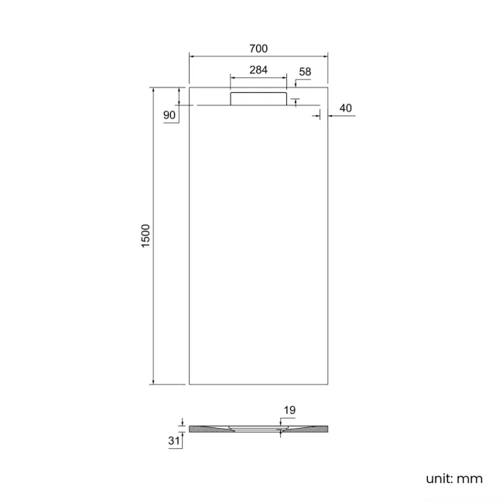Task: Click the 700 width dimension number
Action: point(258,48)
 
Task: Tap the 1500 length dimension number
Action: point(145,236)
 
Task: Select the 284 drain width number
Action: point(258,70)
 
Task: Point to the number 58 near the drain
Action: point(304,72)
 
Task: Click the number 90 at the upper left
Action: point(170,115)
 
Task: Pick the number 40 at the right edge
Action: point(345,108)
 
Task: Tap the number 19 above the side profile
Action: point(289,410)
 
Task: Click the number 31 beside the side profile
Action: point(175,440)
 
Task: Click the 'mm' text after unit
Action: point(470,479)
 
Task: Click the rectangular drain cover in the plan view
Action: point(258,98)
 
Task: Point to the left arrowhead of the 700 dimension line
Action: point(192,56)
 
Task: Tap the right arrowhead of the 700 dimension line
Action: point(326,56)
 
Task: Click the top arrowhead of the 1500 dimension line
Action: point(153,91)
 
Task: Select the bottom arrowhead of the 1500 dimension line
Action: point(153,382)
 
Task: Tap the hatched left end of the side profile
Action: point(204,429)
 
